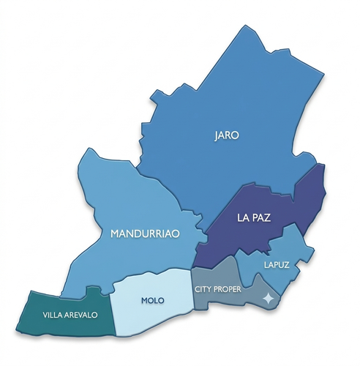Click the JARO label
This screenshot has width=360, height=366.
click(x=227, y=135)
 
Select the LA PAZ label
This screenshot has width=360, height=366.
click(x=253, y=217)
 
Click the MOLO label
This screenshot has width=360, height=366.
click(x=152, y=301)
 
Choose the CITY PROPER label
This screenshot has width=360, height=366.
click(x=217, y=289)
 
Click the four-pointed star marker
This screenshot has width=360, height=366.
click(x=269, y=299)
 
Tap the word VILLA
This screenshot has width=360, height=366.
click(x=52, y=314)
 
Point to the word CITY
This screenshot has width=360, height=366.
click(x=202, y=289)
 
